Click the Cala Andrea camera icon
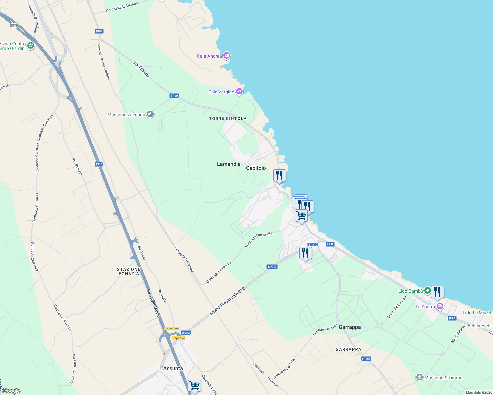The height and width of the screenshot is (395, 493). (x=227, y=55)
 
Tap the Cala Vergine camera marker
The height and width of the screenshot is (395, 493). (x=239, y=92)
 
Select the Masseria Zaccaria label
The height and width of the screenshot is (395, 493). (x=126, y=115)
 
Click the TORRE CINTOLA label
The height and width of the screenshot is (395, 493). (x=227, y=118)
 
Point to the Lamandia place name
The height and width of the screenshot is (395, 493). (x=229, y=164)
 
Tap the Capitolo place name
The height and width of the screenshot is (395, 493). (x=256, y=168)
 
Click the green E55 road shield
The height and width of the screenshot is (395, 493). (x=14, y=26)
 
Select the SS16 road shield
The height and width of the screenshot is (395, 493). (x=99, y=164)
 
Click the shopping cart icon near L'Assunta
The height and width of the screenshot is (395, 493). (x=194, y=385)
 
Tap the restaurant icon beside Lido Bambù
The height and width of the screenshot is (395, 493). (x=437, y=292)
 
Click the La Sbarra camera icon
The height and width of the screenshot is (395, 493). (x=440, y=307)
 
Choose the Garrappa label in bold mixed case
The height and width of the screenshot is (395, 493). (x=350, y=327)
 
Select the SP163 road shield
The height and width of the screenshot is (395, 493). (x=366, y=359)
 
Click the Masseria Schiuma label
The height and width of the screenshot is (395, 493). (x=443, y=378)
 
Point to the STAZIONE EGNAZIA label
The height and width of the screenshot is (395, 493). (x=129, y=271)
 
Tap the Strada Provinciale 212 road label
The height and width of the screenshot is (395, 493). (x=228, y=301)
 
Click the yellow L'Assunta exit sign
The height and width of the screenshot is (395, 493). (x=171, y=329)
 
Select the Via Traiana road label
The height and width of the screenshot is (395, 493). (x=142, y=69)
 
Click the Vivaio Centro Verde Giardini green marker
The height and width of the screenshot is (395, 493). (x=31, y=46)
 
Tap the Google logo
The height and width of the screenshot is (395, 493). (x=11, y=391)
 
